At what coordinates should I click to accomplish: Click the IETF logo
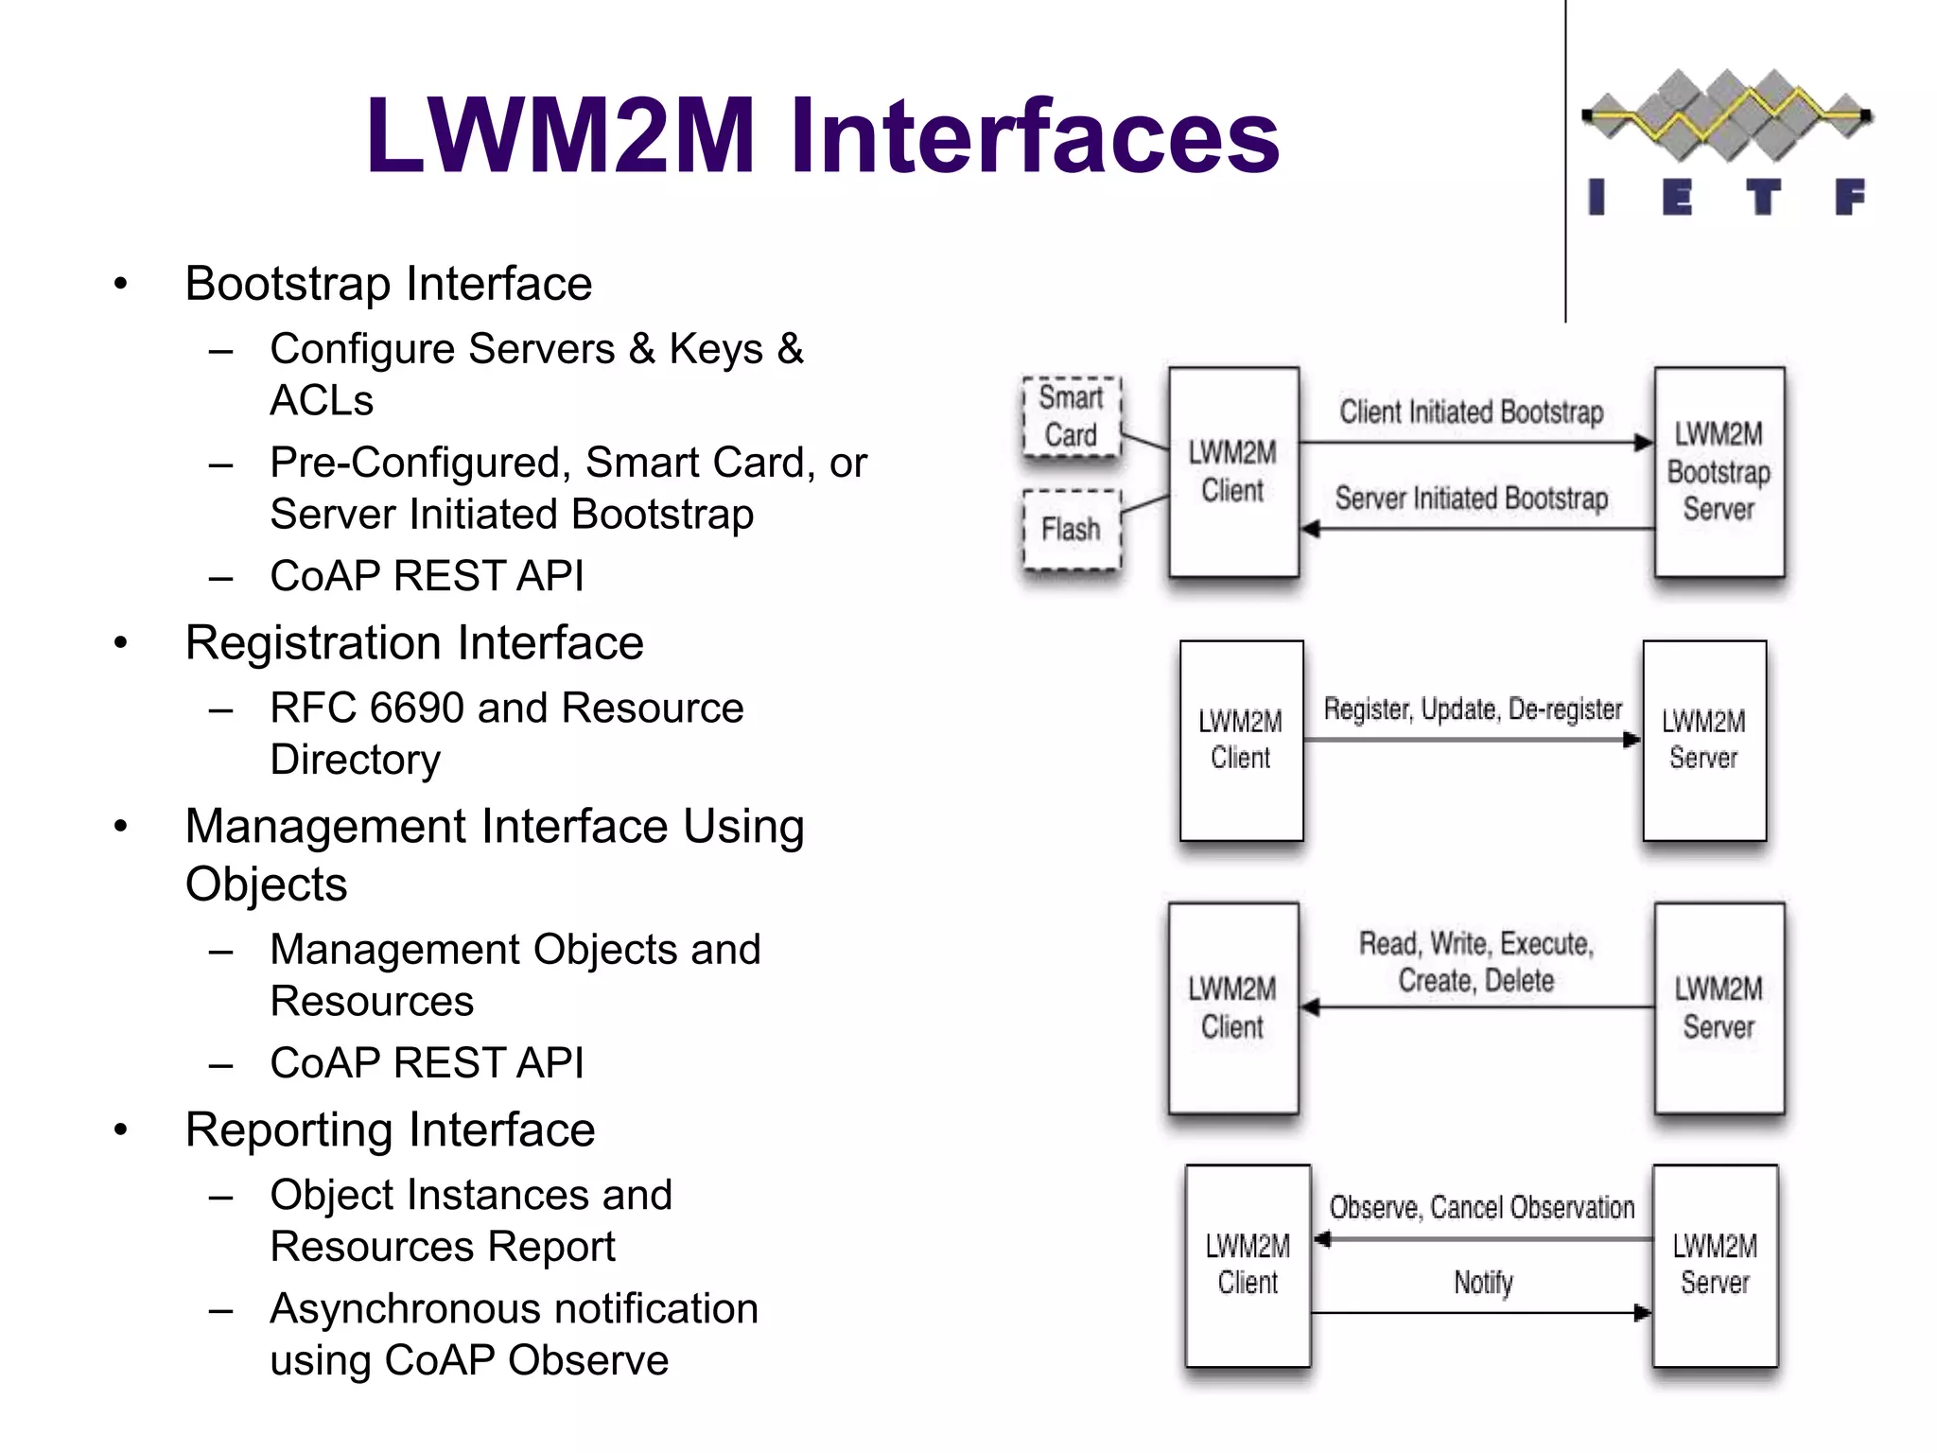coord(1727,142)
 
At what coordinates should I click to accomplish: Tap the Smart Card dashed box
coord(1072,416)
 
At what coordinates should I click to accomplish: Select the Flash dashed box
coord(1072,529)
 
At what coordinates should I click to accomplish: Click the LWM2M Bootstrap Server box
coord(1719,471)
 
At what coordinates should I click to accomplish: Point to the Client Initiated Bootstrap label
coord(1471,412)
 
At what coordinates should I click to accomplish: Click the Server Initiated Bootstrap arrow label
coord(1471,499)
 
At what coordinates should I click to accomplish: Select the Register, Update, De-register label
coord(1472,709)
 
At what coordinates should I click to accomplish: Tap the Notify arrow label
coord(1483,1283)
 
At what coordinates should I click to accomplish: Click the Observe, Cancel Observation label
coord(1481,1208)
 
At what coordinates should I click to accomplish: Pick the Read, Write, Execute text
coord(1475,944)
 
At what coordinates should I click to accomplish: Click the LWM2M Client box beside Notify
coord(1248,1264)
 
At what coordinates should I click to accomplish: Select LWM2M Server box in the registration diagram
coord(1703,740)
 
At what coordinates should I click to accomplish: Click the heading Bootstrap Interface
coord(388,284)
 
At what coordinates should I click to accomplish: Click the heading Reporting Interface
coord(390,1129)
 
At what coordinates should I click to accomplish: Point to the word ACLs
coord(322,400)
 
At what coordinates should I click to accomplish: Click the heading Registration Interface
coord(413,643)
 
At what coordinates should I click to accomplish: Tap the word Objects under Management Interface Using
coord(266,884)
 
